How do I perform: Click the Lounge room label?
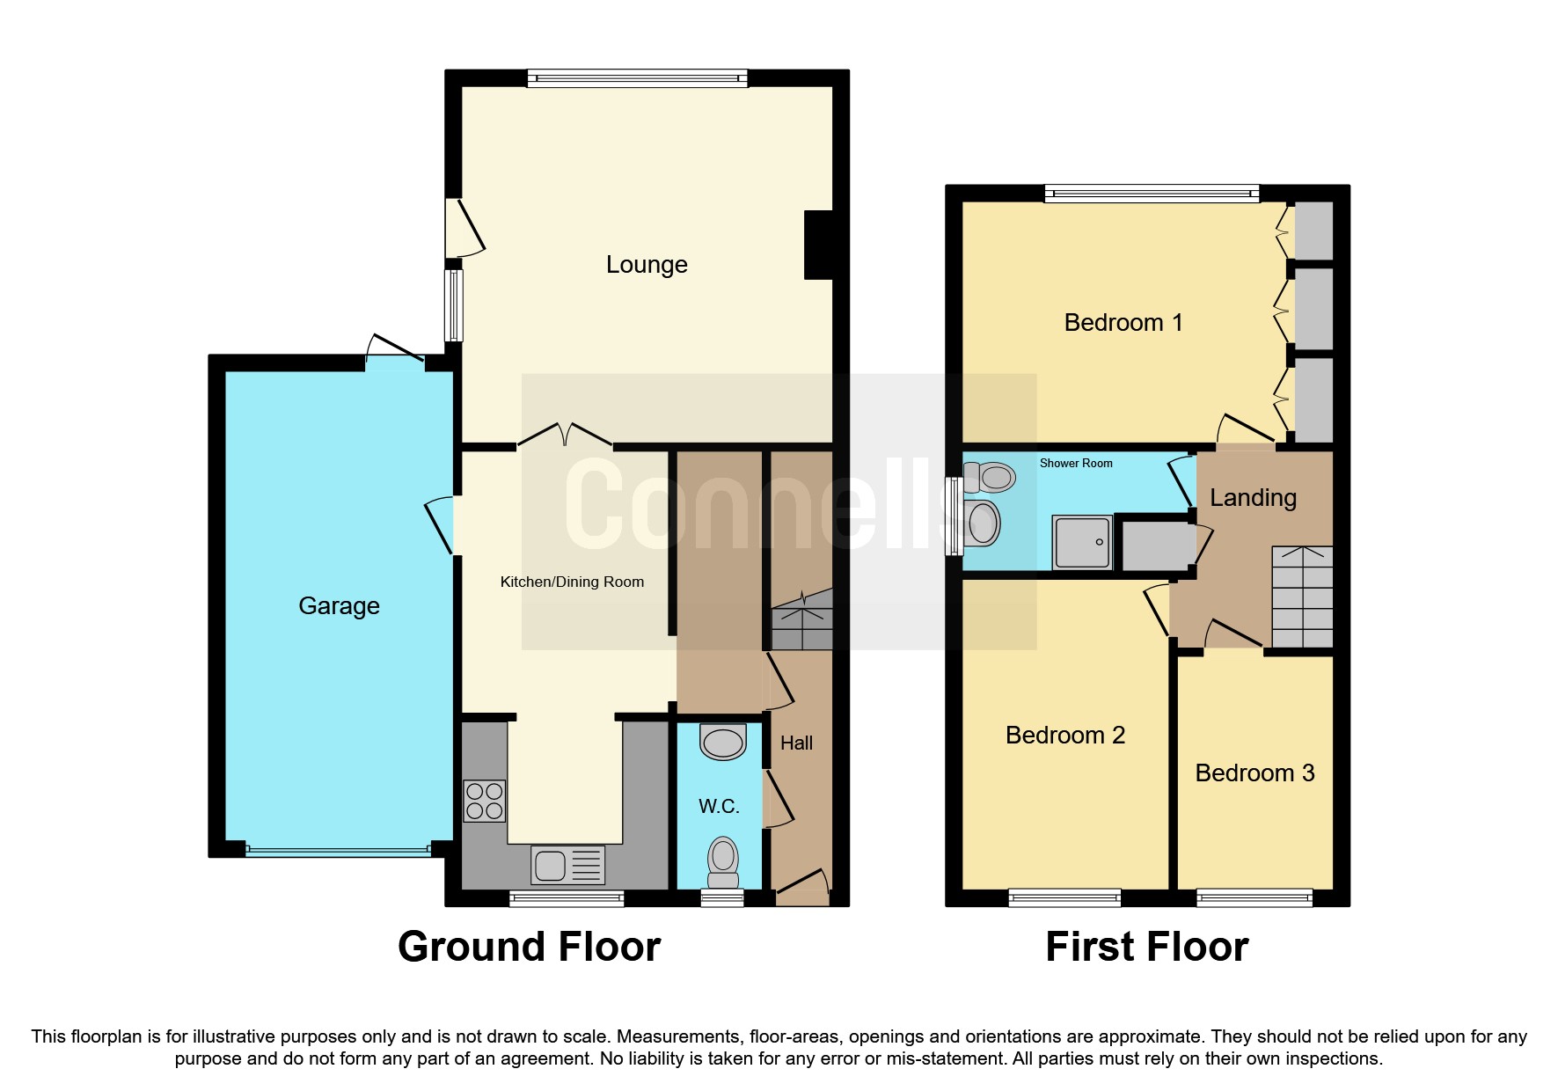647,265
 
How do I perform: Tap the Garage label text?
339,606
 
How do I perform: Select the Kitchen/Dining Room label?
572,582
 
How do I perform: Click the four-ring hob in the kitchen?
484,801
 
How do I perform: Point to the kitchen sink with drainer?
567,865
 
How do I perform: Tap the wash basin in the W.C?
723,742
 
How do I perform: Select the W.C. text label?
719,806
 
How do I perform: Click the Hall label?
796,743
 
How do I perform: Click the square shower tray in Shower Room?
1082,542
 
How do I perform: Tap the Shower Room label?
1076,464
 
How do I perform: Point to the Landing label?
1253,498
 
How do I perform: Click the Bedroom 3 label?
1254,773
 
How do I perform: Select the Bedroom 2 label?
1065,736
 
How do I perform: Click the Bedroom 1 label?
1123,323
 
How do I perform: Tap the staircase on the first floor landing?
1302,597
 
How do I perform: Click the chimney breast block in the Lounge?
819,245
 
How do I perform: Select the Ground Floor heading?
529,948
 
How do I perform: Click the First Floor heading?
1146,948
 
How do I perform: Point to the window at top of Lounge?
637,78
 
